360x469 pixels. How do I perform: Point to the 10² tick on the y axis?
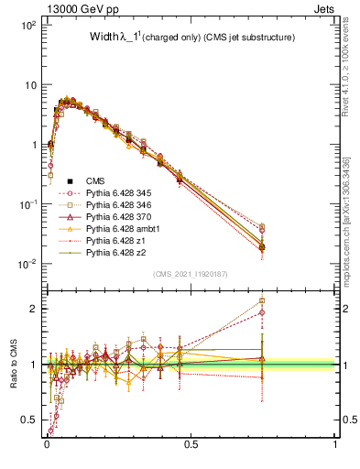pos(27,26)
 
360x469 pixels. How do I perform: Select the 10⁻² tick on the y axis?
pos(27,264)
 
